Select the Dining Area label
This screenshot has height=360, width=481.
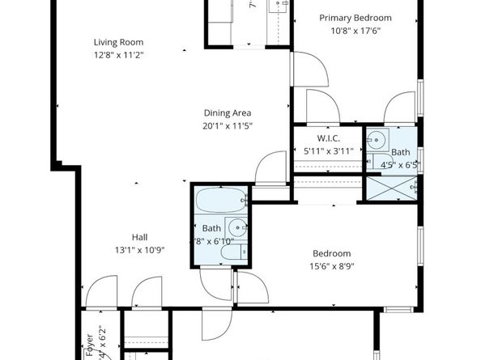point(227,113)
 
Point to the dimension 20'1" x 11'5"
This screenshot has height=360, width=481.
point(227,125)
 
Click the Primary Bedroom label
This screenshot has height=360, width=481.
point(355,18)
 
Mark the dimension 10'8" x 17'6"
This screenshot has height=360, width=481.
point(355,31)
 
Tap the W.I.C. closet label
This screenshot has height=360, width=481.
point(329,138)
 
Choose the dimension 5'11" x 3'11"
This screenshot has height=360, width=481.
point(329,150)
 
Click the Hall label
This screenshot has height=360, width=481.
point(140,237)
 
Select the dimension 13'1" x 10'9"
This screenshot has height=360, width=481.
point(140,250)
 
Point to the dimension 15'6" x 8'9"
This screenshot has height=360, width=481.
point(332,266)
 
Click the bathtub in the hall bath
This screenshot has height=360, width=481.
point(220,200)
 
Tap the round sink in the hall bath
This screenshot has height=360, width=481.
point(236,228)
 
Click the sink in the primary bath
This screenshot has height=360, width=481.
point(377,140)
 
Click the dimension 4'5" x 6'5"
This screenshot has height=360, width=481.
point(401,164)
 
